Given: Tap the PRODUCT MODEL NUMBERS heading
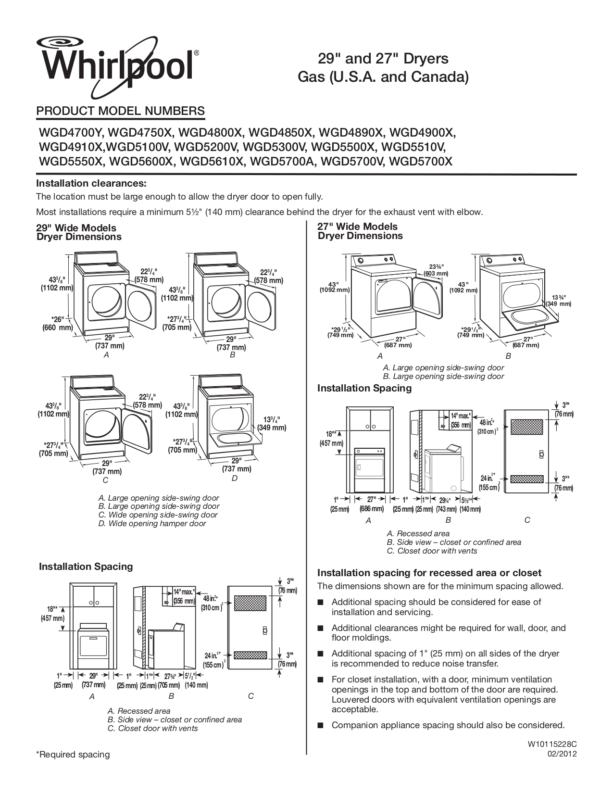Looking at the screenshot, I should click(120, 111).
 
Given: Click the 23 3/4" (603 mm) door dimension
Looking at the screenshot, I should click(437, 270).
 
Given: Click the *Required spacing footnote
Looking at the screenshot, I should click(73, 755).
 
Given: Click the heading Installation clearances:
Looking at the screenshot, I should click(91, 183).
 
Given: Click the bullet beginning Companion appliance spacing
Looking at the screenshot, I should click(448, 725).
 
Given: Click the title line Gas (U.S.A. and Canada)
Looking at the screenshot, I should click(383, 76).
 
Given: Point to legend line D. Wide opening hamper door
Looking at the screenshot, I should click(152, 523).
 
